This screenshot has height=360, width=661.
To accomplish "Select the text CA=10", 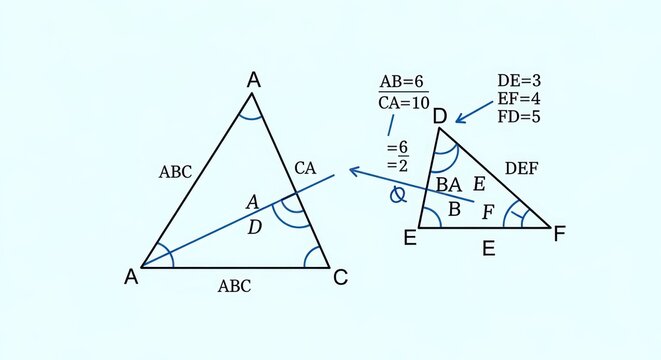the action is coord(403,103).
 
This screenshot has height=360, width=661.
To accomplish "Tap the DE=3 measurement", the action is coord(519,81).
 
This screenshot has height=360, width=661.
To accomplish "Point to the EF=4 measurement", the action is coord(519,98).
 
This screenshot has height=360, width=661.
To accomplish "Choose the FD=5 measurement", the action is coord(519,116).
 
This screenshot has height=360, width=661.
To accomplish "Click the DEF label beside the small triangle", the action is coord(521,169).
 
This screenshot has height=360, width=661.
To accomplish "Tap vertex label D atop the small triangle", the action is coord(439,117).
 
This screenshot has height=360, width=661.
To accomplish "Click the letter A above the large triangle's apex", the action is coord(254,80).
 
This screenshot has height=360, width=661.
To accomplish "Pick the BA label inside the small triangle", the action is coord(449,184).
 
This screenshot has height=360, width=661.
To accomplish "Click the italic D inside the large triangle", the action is coord(254,228).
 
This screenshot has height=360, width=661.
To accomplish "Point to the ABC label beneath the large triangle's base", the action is coord(234,287).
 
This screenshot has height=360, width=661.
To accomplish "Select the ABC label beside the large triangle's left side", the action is coord(175,171).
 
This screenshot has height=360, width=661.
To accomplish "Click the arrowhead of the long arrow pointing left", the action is coord(352,171).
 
